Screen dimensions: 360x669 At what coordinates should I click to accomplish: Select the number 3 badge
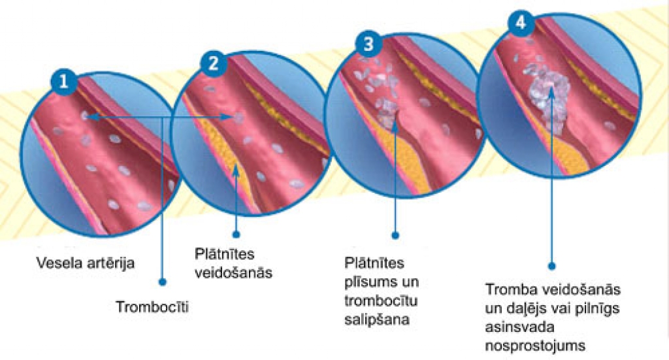(x=369, y=44)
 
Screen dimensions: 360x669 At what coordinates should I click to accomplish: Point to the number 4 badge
(x=521, y=21)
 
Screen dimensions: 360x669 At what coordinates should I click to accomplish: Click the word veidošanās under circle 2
(x=233, y=271)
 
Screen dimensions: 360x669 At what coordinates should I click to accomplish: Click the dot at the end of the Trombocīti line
(x=162, y=282)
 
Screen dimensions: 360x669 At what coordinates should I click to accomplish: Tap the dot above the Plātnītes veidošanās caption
(x=235, y=233)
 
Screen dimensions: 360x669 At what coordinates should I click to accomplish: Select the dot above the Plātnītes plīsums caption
(x=395, y=233)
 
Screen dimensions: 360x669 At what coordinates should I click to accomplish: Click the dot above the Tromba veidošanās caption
(x=551, y=266)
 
